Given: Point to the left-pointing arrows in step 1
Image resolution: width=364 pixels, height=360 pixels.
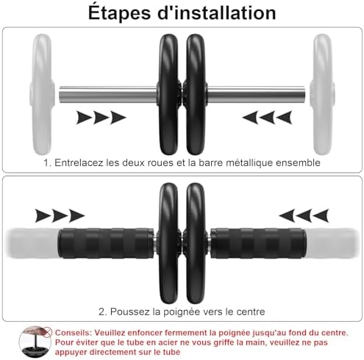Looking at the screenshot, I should [266, 116].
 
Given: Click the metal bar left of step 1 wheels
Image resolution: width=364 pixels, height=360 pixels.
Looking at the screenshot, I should [107, 95].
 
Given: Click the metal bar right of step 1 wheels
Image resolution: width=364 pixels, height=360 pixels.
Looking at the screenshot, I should [260, 95].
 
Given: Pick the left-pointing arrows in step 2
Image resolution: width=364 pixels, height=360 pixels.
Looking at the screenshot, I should [303, 215].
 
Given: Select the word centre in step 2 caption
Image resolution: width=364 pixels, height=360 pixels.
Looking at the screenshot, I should [248, 312].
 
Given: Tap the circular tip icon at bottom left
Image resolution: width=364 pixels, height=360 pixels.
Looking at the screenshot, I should [31, 341].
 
